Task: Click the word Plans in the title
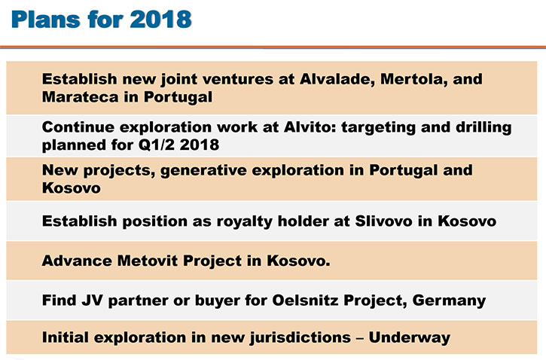click(46, 19)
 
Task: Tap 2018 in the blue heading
click(160, 19)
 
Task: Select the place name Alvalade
click(337, 79)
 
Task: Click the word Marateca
click(80, 97)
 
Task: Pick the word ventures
click(238, 79)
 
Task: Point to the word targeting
click(378, 128)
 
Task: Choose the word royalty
click(245, 221)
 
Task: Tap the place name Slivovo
click(384, 221)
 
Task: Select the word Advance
click(77, 261)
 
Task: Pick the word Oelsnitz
click(305, 300)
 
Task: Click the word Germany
click(449, 301)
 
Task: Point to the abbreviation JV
click(93, 300)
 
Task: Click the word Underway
click(410, 337)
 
